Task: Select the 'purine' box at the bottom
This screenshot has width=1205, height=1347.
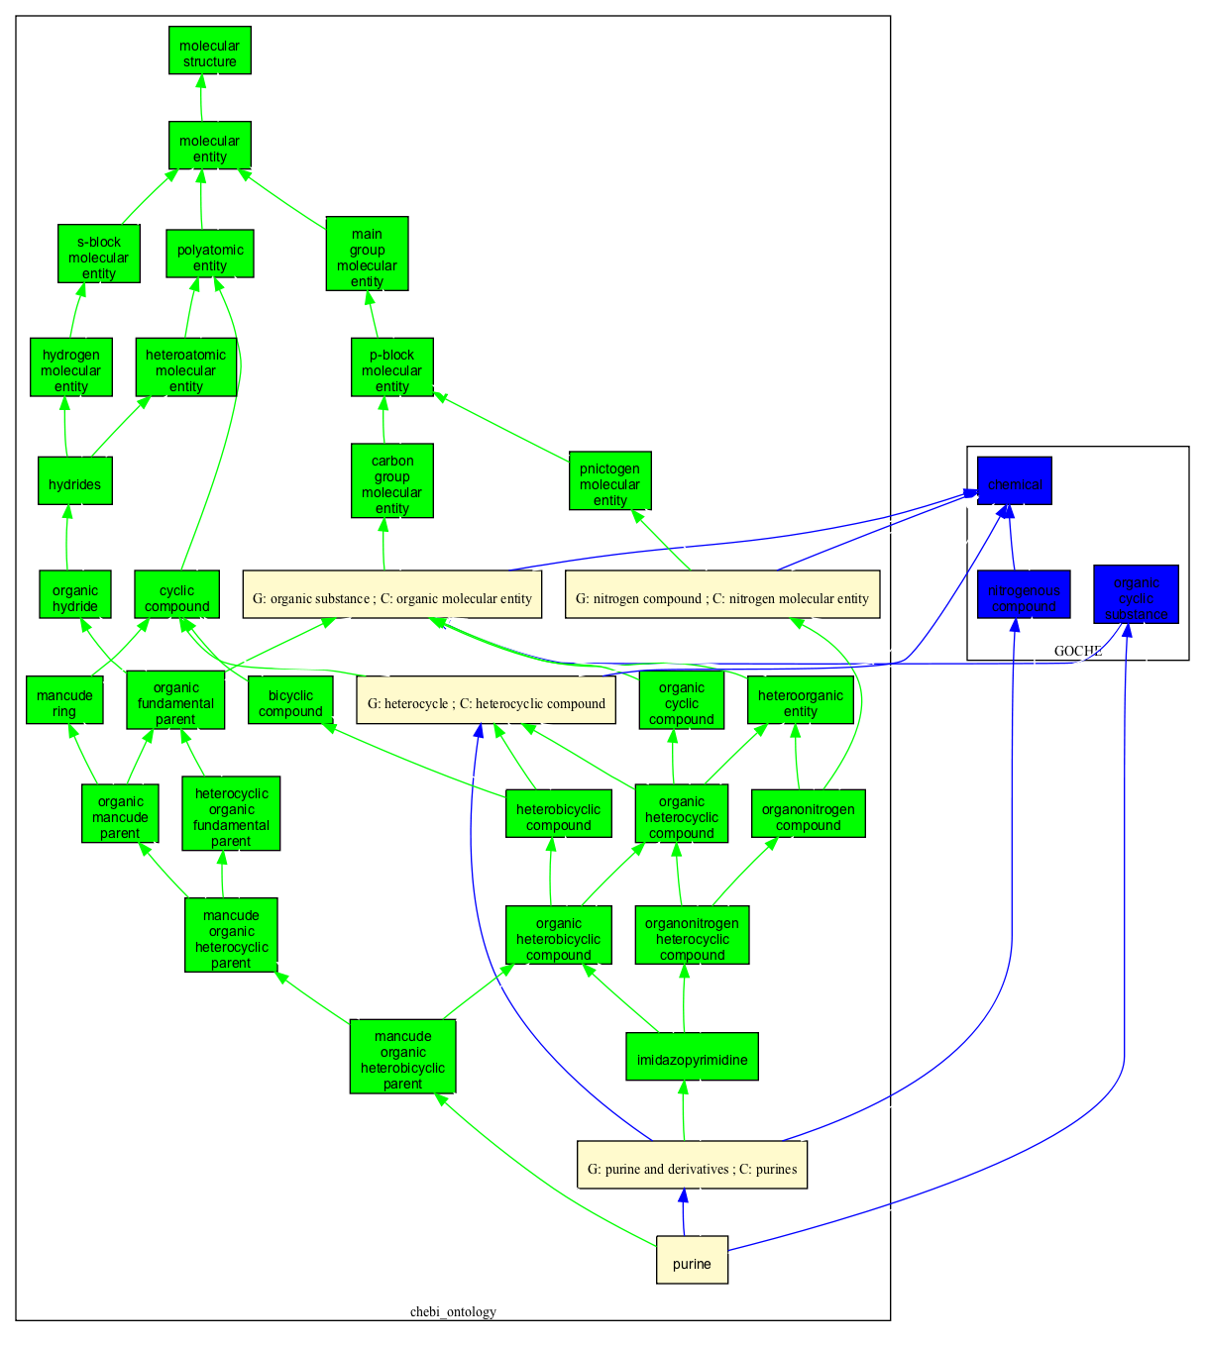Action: (692, 1260)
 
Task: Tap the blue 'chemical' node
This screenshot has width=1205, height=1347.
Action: (1014, 481)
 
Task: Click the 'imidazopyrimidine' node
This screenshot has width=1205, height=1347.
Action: (692, 1057)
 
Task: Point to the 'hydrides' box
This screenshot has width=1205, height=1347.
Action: (74, 481)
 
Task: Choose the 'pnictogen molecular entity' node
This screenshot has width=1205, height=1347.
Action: (609, 481)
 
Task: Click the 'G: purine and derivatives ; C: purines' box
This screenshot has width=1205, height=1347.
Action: (692, 1166)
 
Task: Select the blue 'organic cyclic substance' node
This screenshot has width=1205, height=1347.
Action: (1136, 594)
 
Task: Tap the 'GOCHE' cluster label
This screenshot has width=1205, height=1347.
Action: (1077, 651)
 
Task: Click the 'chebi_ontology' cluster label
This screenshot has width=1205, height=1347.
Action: (453, 1311)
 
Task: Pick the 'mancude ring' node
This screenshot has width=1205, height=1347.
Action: (64, 700)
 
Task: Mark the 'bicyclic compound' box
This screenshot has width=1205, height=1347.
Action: (290, 700)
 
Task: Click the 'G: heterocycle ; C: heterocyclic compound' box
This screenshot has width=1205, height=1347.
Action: (486, 700)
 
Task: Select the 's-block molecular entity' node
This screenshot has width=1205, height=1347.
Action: (98, 255)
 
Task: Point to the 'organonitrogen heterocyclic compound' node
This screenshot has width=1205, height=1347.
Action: (692, 936)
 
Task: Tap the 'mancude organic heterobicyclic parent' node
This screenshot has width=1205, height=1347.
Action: (402, 1057)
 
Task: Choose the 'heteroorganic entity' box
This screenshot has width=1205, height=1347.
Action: (800, 700)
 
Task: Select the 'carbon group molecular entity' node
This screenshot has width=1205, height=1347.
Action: (391, 481)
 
